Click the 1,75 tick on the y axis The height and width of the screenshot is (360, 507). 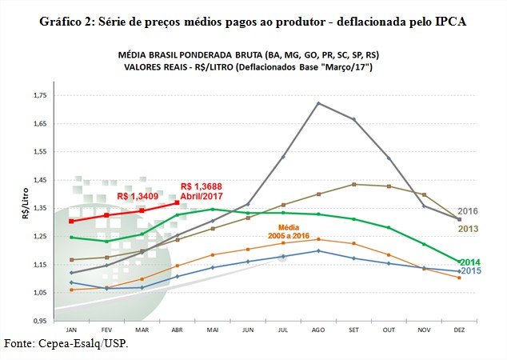[40, 96]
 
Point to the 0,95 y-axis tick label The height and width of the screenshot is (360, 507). [40, 321]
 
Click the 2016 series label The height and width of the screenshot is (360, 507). [468, 211]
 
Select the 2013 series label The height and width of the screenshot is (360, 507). [468, 229]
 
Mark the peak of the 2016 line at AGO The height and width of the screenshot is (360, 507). [318, 103]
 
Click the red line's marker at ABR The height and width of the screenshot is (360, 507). [178, 202]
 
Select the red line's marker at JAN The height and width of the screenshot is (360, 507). [72, 221]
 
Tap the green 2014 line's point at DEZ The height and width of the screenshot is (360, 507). [459, 262]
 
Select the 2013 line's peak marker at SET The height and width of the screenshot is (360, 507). [353, 184]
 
